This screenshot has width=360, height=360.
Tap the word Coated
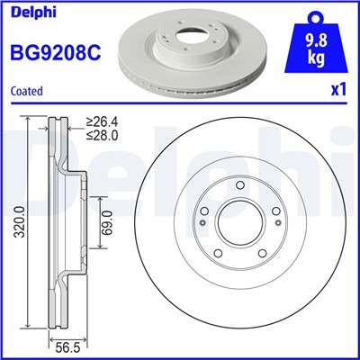[28, 90]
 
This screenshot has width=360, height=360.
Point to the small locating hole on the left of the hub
[202, 236]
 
